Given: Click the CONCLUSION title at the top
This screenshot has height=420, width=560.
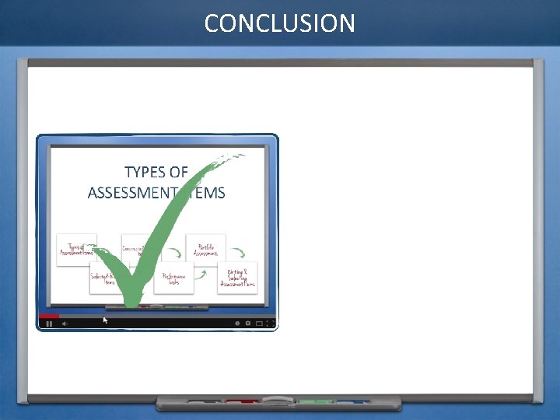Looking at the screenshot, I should click(x=279, y=23).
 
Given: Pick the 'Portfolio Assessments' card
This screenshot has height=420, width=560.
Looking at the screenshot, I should click(x=205, y=248).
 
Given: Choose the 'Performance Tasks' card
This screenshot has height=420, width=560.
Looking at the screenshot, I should click(x=173, y=278).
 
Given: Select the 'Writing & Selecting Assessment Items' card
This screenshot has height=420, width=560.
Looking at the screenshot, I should click(x=237, y=278).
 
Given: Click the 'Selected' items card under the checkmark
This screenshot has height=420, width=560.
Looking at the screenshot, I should click(x=106, y=278).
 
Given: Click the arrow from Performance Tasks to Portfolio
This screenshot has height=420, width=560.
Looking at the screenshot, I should click(x=201, y=273).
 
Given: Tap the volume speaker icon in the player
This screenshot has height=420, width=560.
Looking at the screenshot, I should click(x=65, y=323).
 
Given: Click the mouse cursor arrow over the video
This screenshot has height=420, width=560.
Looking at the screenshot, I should click(x=106, y=319).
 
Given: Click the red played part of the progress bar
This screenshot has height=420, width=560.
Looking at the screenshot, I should click(x=48, y=316).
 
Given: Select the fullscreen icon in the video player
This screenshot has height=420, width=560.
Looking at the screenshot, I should click(x=269, y=323).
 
